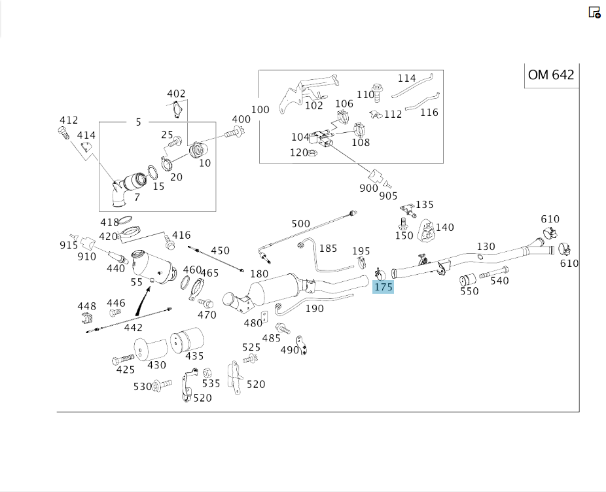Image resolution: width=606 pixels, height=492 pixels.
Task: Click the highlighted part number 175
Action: point(383,287)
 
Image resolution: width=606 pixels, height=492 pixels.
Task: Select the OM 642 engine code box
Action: point(551,75)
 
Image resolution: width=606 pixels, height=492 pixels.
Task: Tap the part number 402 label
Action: point(176,94)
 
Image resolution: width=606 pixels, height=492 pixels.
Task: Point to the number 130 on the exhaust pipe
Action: point(486,247)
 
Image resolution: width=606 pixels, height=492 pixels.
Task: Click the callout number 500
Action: point(300,224)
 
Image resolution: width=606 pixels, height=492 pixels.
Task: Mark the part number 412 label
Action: point(69,120)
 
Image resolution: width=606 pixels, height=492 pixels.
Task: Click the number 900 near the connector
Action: point(368,188)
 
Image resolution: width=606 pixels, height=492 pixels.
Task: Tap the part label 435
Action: point(194,357)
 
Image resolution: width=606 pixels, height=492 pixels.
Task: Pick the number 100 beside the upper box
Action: point(260,109)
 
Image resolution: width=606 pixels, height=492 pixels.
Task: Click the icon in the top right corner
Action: point(594,12)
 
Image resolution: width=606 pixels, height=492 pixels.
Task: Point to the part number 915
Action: point(69,245)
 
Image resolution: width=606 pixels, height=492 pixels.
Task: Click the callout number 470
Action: point(207,315)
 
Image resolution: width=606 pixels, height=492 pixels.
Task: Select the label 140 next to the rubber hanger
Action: point(444,228)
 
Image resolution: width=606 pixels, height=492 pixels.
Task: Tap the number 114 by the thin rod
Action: point(407,78)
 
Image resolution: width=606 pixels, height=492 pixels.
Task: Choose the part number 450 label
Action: point(220,251)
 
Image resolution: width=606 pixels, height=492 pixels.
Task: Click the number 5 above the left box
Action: point(138,122)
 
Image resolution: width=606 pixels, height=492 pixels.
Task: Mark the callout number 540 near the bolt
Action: point(499,281)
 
